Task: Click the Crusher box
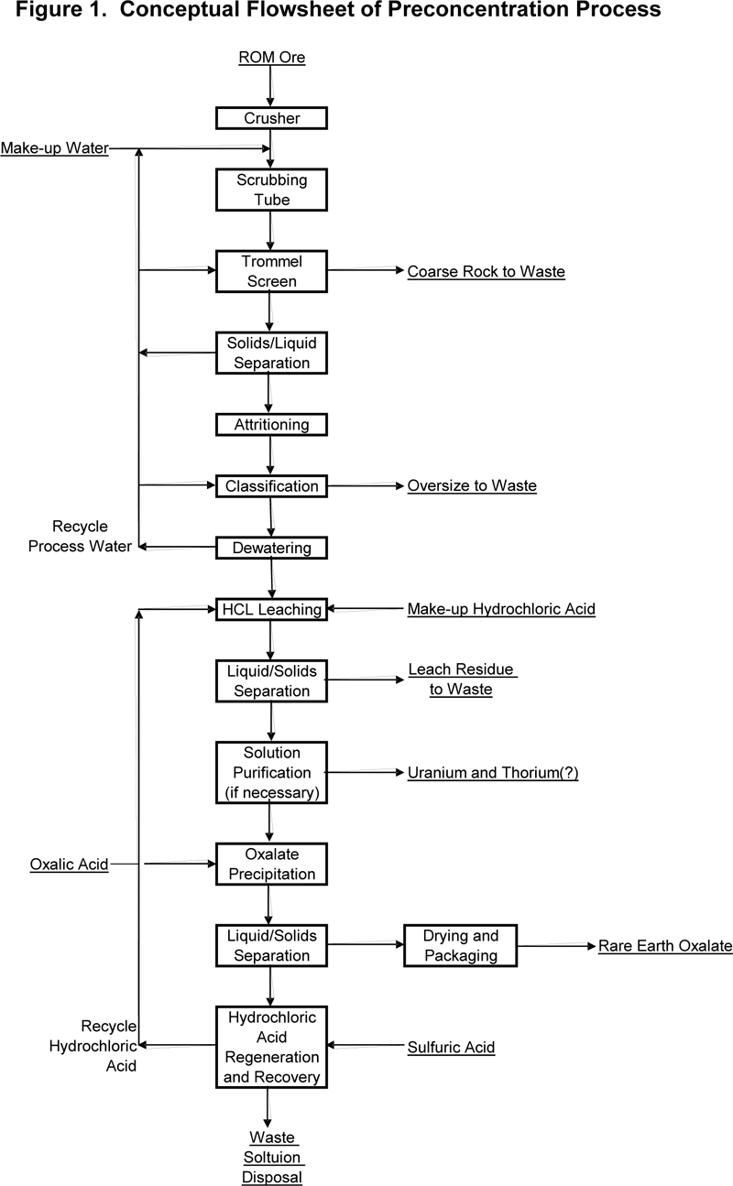click(271, 118)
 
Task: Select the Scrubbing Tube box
click(271, 190)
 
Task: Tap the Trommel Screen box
click(271, 271)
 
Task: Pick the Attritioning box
click(271, 425)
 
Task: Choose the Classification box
click(271, 486)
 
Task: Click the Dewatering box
click(271, 548)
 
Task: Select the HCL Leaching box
click(271, 609)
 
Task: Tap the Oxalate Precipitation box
click(271, 865)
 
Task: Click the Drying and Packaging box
click(460, 946)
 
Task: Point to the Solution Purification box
click(271, 772)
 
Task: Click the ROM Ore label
click(272, 57)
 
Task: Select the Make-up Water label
click(55, 148)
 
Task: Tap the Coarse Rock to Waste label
click(487, 272)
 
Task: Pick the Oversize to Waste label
click(472, 486)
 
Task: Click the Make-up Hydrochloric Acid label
click(501, 609)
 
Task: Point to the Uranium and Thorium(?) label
click(493, 773)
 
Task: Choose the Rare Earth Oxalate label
click(665, 946)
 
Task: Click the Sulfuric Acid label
click(451, 1048)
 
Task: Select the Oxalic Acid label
click(69, 865)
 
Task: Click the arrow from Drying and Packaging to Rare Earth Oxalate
click(557, 946)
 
